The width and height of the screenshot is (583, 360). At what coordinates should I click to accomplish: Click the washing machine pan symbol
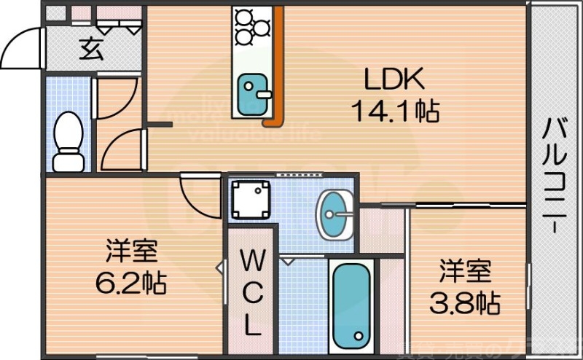(x=250, y=198)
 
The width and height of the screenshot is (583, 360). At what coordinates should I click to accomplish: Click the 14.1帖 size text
(x=394, y=111)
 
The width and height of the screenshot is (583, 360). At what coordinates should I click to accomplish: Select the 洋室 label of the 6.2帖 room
(x=132, y=251)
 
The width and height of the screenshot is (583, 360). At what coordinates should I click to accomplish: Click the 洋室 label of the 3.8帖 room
(x=465, y=271)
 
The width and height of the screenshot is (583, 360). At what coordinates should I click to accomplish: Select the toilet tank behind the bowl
(x=69, y=160)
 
